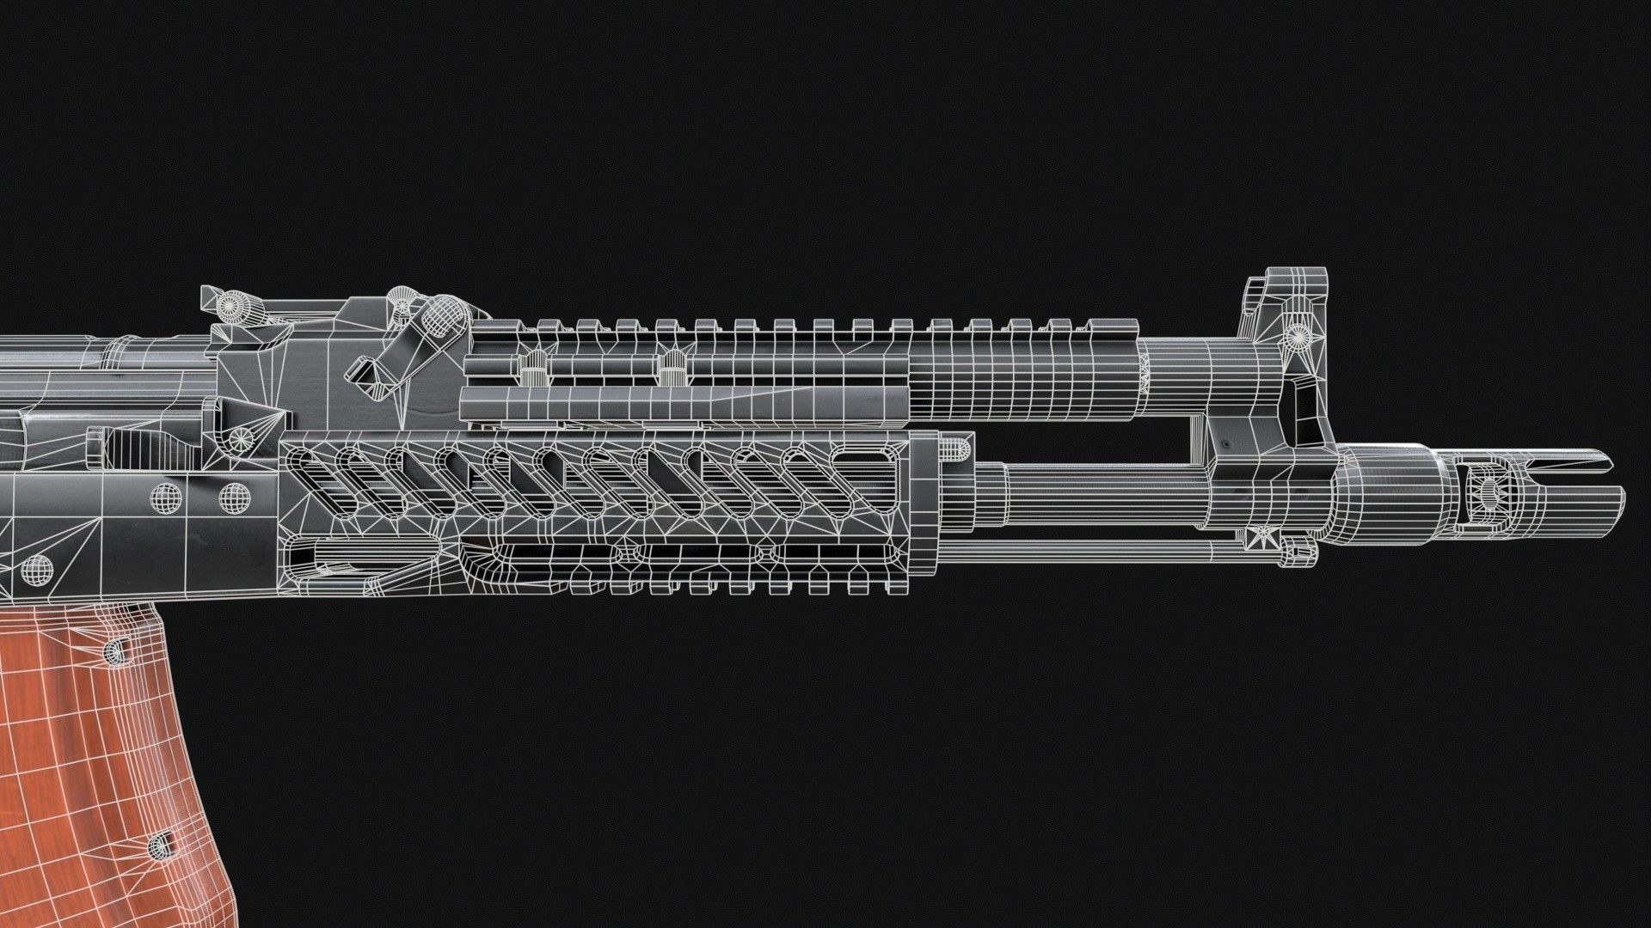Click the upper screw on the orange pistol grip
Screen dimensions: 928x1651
(113, 652)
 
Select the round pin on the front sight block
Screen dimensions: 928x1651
(1296, 331)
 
